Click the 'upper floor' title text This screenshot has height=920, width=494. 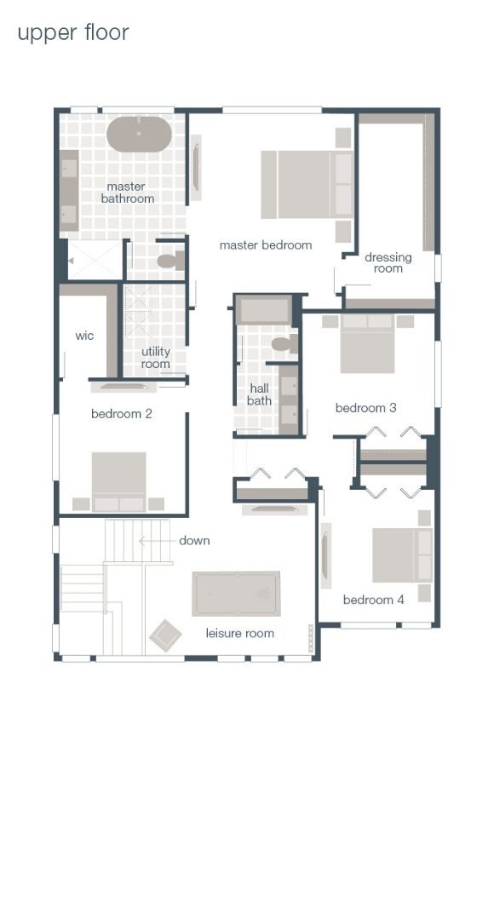(73, 33)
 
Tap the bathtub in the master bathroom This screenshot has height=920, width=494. (139, 135)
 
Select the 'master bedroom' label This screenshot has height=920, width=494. (266, 245)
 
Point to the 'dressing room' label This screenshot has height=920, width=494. (388, 262)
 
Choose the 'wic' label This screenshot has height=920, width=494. (84, 336)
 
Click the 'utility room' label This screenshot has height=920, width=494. (155, 358)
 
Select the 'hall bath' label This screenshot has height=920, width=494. (260, 394)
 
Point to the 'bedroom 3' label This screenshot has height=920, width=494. (365, 408)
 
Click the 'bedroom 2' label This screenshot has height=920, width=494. (122, 414)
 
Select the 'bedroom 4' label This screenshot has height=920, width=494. (373, 600)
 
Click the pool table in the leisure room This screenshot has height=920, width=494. (236, 594)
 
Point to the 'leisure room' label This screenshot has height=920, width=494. (240, 633)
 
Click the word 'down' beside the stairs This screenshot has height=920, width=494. (194, 541)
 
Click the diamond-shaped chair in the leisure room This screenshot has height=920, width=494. (165, 635)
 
